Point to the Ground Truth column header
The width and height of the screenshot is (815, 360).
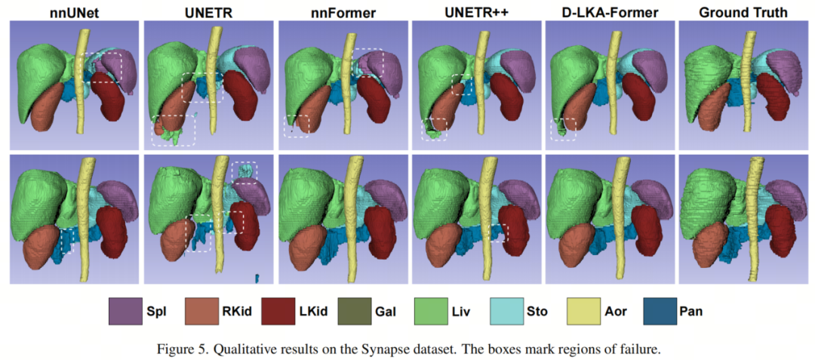coord(746,13)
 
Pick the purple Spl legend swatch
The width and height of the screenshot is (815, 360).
coord(125,311)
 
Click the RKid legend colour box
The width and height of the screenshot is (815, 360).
coord(201,311)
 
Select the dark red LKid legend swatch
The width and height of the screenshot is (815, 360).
coord(278,311)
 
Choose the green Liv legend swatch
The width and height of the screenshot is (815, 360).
coord(431,311)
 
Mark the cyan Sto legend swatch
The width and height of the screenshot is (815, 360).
coord(507,311)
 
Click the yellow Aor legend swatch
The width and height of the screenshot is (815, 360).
coord(583,311)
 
